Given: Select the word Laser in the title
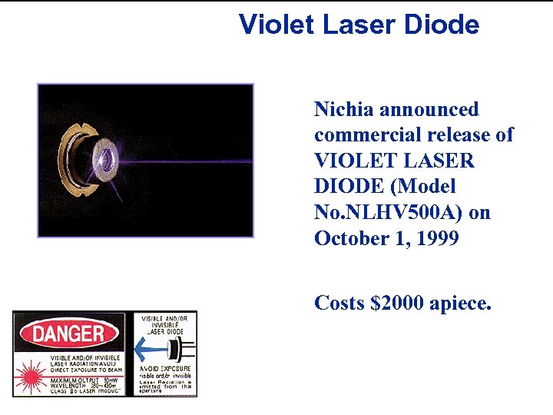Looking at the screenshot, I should (x=356, y=25).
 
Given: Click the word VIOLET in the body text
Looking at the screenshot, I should (x=352, y=161).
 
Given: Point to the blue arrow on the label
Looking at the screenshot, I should (x=154, y=350).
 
